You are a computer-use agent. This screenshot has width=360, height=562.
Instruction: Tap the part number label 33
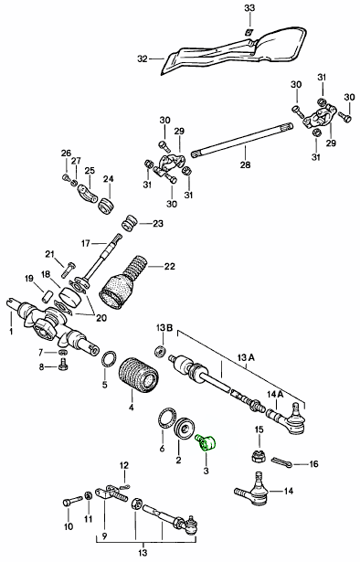pos(249,8)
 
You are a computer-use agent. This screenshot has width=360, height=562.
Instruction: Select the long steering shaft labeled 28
pos(242,140)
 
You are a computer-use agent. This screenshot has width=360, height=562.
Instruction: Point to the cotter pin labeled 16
pos(282,461)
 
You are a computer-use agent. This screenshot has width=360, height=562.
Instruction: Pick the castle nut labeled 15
pos(257,456)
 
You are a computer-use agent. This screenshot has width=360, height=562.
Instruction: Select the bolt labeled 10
pos(73,501)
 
